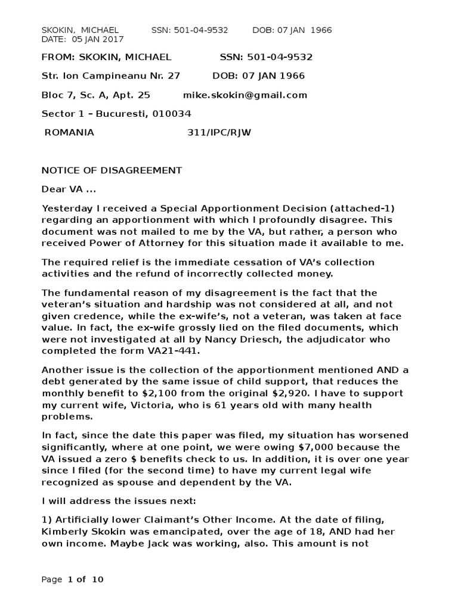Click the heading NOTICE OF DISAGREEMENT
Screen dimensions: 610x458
(112, 170)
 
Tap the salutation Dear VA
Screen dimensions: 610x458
(67, 189)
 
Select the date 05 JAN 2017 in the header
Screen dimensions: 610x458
(98, 39)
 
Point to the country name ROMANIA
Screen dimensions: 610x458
(69, 132)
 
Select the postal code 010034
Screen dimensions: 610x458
(172, 114)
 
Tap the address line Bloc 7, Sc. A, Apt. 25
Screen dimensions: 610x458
(95, 95)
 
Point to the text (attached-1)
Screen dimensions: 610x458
(361, 208)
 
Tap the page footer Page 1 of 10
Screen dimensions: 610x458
(72, 579)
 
